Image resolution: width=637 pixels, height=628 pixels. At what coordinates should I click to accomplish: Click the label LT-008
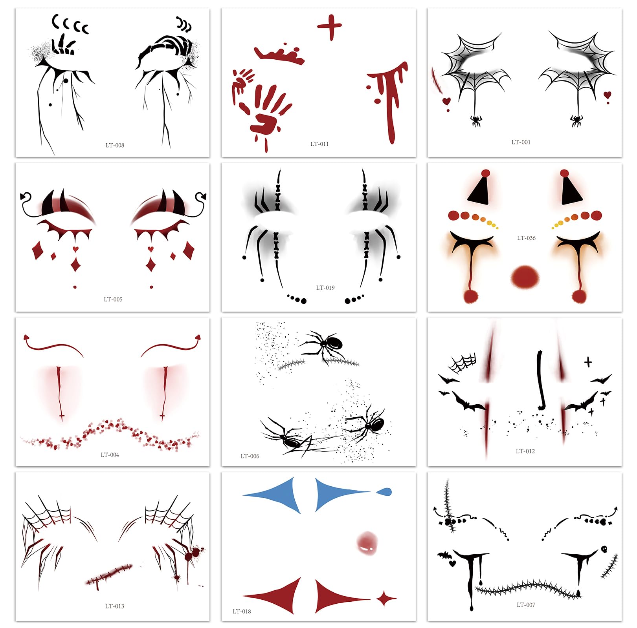point(115,145)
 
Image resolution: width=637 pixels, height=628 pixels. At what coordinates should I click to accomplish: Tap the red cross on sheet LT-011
point(329,27)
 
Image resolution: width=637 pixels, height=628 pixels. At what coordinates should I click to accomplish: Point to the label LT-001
point(521,142)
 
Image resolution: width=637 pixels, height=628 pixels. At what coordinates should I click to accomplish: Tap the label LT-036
point(526,238)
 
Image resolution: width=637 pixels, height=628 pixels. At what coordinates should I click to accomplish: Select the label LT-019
point(325,288)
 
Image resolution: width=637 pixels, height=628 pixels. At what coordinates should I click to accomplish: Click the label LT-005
point(113,299)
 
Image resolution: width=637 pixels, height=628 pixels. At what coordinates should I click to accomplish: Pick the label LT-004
point(110,455)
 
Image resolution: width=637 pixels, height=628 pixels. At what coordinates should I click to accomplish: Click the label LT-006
point(250,456)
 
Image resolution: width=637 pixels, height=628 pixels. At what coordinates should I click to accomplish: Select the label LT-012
point(525,451)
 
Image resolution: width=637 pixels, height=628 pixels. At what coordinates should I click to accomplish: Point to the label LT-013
point(115,606)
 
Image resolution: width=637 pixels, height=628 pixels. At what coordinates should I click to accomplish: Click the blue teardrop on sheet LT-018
point(384,491)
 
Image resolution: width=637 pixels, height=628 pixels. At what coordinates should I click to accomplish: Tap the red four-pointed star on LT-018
point(386,599)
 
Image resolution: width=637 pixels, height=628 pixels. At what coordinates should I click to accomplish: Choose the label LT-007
point(526,605)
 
